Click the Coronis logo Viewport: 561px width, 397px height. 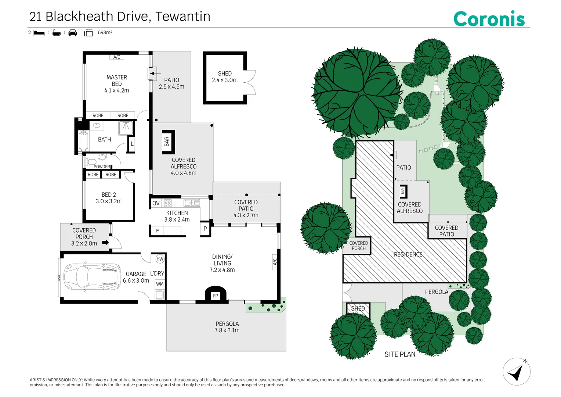489,19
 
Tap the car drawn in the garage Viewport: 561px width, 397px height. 92,276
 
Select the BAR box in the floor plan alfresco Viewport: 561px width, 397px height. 168,142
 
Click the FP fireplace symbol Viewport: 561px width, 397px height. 216,296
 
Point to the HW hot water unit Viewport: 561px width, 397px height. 160,259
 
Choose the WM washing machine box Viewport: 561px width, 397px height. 160,284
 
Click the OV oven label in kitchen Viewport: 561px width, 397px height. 156,203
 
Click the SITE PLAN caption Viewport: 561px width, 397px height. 400,354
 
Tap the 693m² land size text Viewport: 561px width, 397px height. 105,33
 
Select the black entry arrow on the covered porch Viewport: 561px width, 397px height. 105,242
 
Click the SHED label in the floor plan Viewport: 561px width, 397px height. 225,74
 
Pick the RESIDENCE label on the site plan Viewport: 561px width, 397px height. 408,254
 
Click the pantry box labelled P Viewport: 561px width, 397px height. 205,229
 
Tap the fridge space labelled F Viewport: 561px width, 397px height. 158,231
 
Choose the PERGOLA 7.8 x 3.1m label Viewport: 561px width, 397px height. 227,327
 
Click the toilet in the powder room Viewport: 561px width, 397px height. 92,162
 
